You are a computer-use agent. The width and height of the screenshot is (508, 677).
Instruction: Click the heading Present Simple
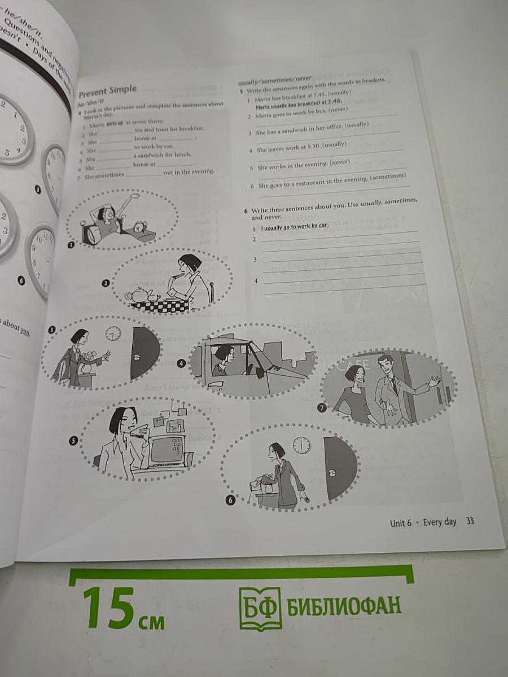[x=108, y=89]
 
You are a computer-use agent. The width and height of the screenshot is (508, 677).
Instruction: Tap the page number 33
[x=470, y=521]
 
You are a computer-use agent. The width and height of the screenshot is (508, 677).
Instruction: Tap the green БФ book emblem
[x=260, y=607]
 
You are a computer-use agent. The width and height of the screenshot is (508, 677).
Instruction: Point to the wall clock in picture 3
[x=113, y=333]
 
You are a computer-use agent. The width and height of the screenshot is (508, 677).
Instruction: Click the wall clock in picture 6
[x=301, y=445]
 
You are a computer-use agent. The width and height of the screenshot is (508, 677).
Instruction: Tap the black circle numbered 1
[x=71, y=245]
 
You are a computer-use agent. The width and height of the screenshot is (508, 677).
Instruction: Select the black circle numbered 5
[x=73, y=441]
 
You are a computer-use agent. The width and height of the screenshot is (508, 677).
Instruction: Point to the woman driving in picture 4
[x=225, y=359]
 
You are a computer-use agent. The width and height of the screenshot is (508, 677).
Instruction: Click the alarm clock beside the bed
[x=138, y=227]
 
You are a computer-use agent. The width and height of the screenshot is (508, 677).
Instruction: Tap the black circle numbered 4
[x=181, y=363]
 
